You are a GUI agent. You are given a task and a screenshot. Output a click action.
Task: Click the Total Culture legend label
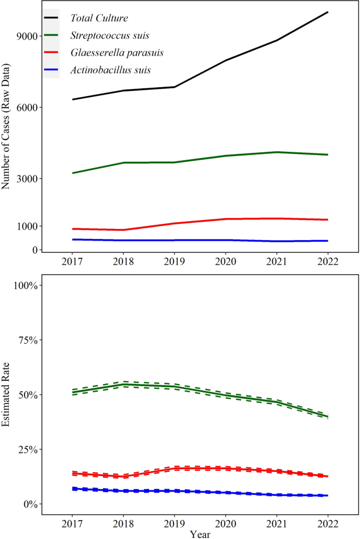click(99, 18)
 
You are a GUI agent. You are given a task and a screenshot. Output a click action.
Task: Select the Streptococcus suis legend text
click(109, 36)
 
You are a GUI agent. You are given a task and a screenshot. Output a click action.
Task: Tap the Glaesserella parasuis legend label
click(117, 53)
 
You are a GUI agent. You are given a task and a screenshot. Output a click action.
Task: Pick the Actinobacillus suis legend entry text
click(111, 70)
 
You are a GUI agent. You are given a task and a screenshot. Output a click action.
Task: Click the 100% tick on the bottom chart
click(24, 285)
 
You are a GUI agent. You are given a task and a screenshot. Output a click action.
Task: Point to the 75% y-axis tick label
click(26, 340)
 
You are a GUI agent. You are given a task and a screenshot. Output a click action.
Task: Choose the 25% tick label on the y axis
click(26, 450)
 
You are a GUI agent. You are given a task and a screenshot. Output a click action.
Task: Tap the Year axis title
click(200, 534)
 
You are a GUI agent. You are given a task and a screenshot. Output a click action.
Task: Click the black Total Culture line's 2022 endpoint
click(328, 12)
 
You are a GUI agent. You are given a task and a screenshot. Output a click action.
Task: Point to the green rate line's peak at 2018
click(123, 384)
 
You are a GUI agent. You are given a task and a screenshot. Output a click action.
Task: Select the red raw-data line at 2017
click(72, 229)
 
